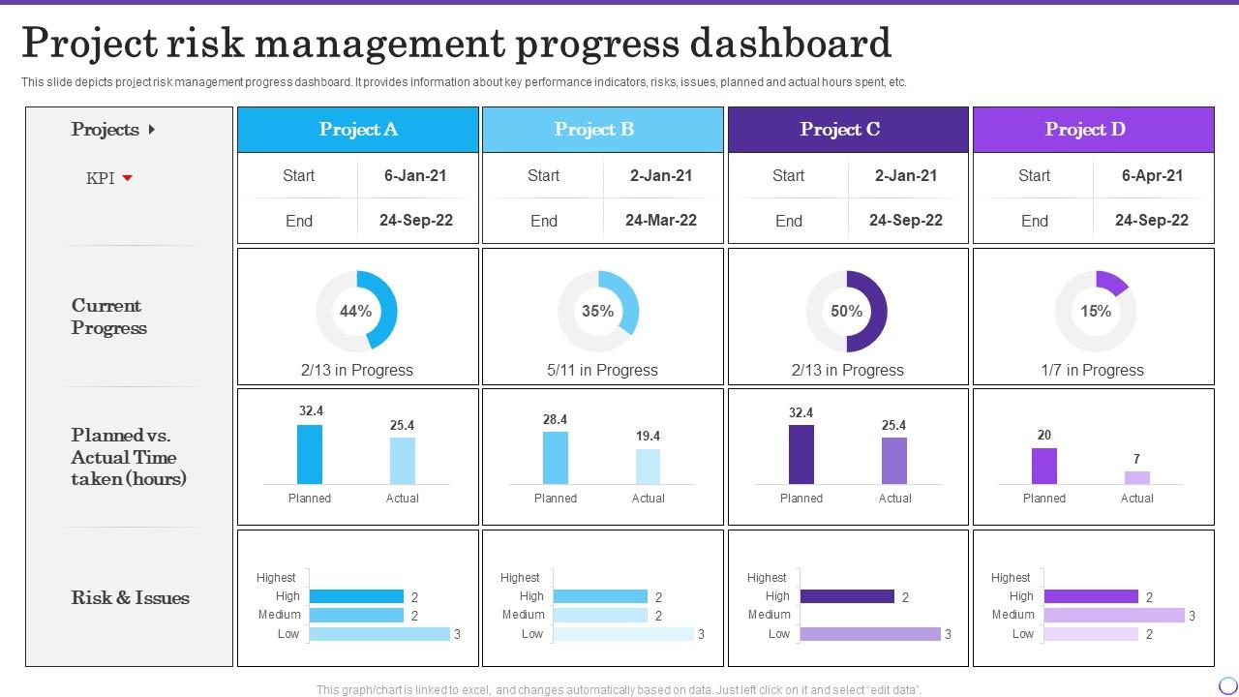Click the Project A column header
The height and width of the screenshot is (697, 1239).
(x=358, y=130)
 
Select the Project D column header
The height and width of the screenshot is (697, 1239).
(x=1093, y=130)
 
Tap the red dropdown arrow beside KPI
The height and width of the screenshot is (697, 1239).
(x=127, y=178)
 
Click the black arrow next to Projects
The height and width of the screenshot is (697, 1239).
(x=151, y=130)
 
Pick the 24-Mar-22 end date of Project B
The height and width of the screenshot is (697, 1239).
(x=661, y=221)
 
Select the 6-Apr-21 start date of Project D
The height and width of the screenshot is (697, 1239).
(x=1151, y=176)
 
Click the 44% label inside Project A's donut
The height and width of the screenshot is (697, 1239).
(x=355, y=311)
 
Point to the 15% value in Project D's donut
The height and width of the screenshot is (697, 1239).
(x=1096, y=311)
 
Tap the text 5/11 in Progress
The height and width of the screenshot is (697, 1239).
(x=602, y=370)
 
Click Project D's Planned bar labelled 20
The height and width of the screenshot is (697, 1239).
(x=1043, y=466)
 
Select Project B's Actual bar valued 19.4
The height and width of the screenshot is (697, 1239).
(x=648, y=466)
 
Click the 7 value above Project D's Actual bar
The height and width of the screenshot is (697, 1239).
(x=1136, y=459)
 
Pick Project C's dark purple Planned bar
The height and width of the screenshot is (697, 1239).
(x=801, y=454)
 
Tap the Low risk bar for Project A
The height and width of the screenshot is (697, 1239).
(x=379, y=634)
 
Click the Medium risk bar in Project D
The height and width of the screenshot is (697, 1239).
(x=1114, y=615)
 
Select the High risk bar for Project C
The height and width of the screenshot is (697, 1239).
(x=847, y=596)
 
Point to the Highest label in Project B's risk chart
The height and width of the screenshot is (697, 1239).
(x=520, y=578)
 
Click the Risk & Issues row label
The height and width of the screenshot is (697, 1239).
(x=130, y=598)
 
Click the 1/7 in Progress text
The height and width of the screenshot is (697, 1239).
(x=1092, y=370)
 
